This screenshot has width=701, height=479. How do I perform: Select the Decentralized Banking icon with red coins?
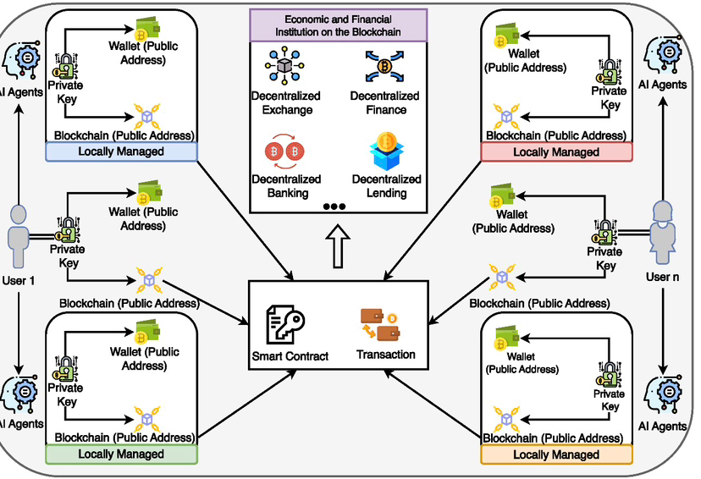(285, 151)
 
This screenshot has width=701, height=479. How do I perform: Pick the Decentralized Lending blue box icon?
(386, 151)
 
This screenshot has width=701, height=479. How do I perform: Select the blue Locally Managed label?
(120, 151)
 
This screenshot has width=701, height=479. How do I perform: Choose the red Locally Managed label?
(555, 152)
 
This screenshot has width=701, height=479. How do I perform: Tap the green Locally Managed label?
(120, 454)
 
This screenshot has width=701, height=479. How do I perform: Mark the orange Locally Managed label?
(555, 455)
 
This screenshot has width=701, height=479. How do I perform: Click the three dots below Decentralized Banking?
(334, 206)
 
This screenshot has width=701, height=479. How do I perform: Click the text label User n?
(663, 278)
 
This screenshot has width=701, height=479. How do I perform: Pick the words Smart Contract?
(290, 356)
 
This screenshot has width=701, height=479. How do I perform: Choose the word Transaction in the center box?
(386, 355)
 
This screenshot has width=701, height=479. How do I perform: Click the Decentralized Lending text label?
(386, 185)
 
